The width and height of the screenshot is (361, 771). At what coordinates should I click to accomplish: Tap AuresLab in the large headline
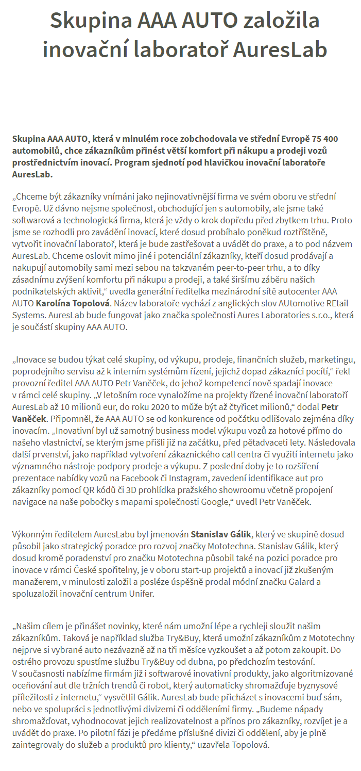[280, 50]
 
